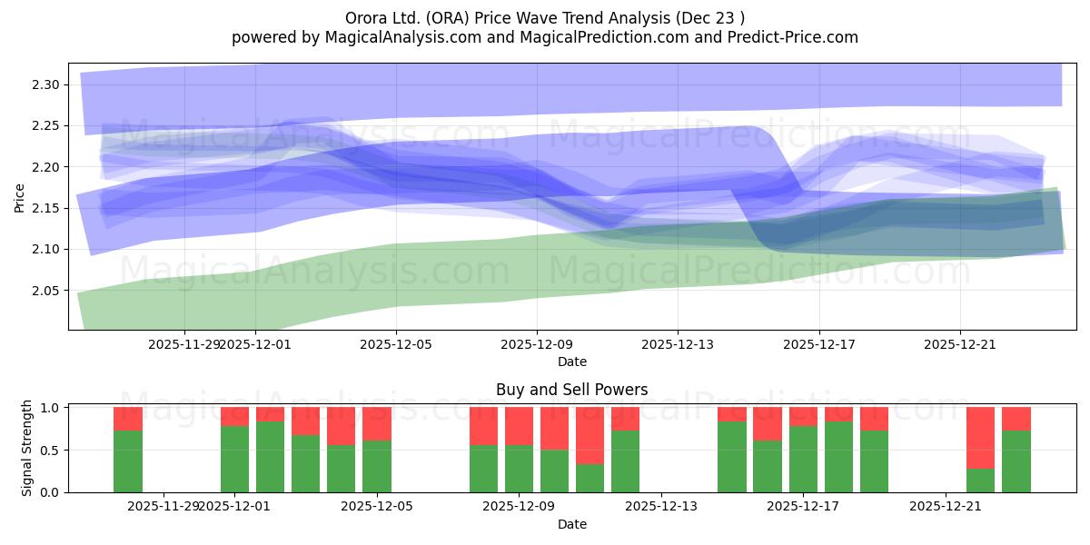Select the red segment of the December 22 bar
click(980, 438)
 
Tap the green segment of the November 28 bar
click(128, 461)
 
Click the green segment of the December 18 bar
click(838, 457)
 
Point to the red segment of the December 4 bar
click(341, 426)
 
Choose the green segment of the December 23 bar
click(1016, 461)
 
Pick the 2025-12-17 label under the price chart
click(819, 344)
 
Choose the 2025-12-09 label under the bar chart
click(518, 507)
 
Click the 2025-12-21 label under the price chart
click(960, 344)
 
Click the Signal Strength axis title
click(27, 448)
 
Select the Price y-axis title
click(20, 196)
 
